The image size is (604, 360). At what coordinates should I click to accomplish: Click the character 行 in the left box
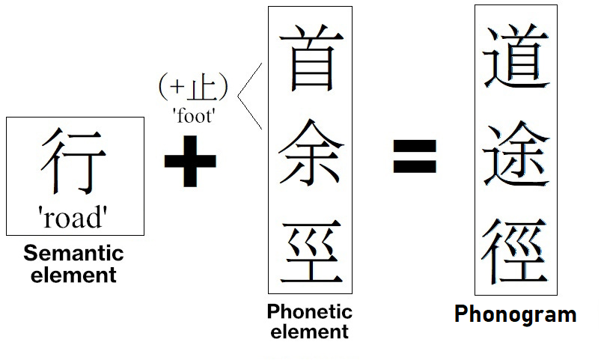[73, 161]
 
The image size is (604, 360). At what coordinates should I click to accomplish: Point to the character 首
[310, 58]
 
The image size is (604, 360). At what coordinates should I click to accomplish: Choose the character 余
[310, 153]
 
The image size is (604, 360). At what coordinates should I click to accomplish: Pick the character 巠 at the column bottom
[310, 251]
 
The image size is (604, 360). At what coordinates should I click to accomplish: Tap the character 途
[516, 153]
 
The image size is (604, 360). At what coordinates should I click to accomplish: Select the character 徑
[516, 251]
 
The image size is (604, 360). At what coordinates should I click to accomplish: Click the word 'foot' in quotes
[194, 116]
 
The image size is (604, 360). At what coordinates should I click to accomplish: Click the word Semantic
[73, 253]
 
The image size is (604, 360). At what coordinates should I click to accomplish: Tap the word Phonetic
[309, 311]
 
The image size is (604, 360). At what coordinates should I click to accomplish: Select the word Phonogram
[515, 314]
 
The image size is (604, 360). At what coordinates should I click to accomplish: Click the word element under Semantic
[73, 275]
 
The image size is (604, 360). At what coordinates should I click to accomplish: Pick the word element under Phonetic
[309, 332]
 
